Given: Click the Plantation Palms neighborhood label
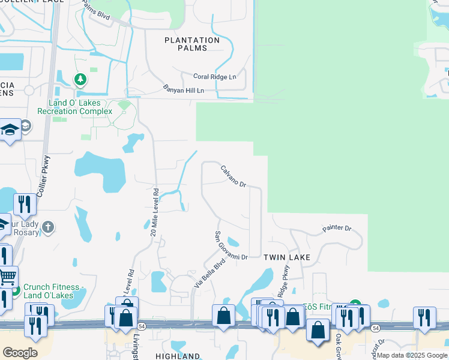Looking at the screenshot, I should tap(192, 44).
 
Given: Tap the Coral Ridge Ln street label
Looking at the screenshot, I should tap(215, 77).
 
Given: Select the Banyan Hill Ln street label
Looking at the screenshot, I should tap(184, 89).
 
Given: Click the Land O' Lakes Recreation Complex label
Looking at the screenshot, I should tap(74, 107).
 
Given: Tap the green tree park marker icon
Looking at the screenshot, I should tap(80, 79).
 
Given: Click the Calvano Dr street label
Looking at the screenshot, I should tap(234, 176).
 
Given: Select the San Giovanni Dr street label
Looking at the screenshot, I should tap(231, 246).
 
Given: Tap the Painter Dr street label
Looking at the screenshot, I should tap(336, 229).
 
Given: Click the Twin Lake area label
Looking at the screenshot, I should tap(287, 257).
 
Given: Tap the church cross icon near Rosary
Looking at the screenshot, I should tap(49, 227).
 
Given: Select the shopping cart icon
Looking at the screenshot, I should tap(7, 277).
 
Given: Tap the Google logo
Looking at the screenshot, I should tap(20, 353).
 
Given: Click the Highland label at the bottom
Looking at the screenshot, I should tap(178, 356).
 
